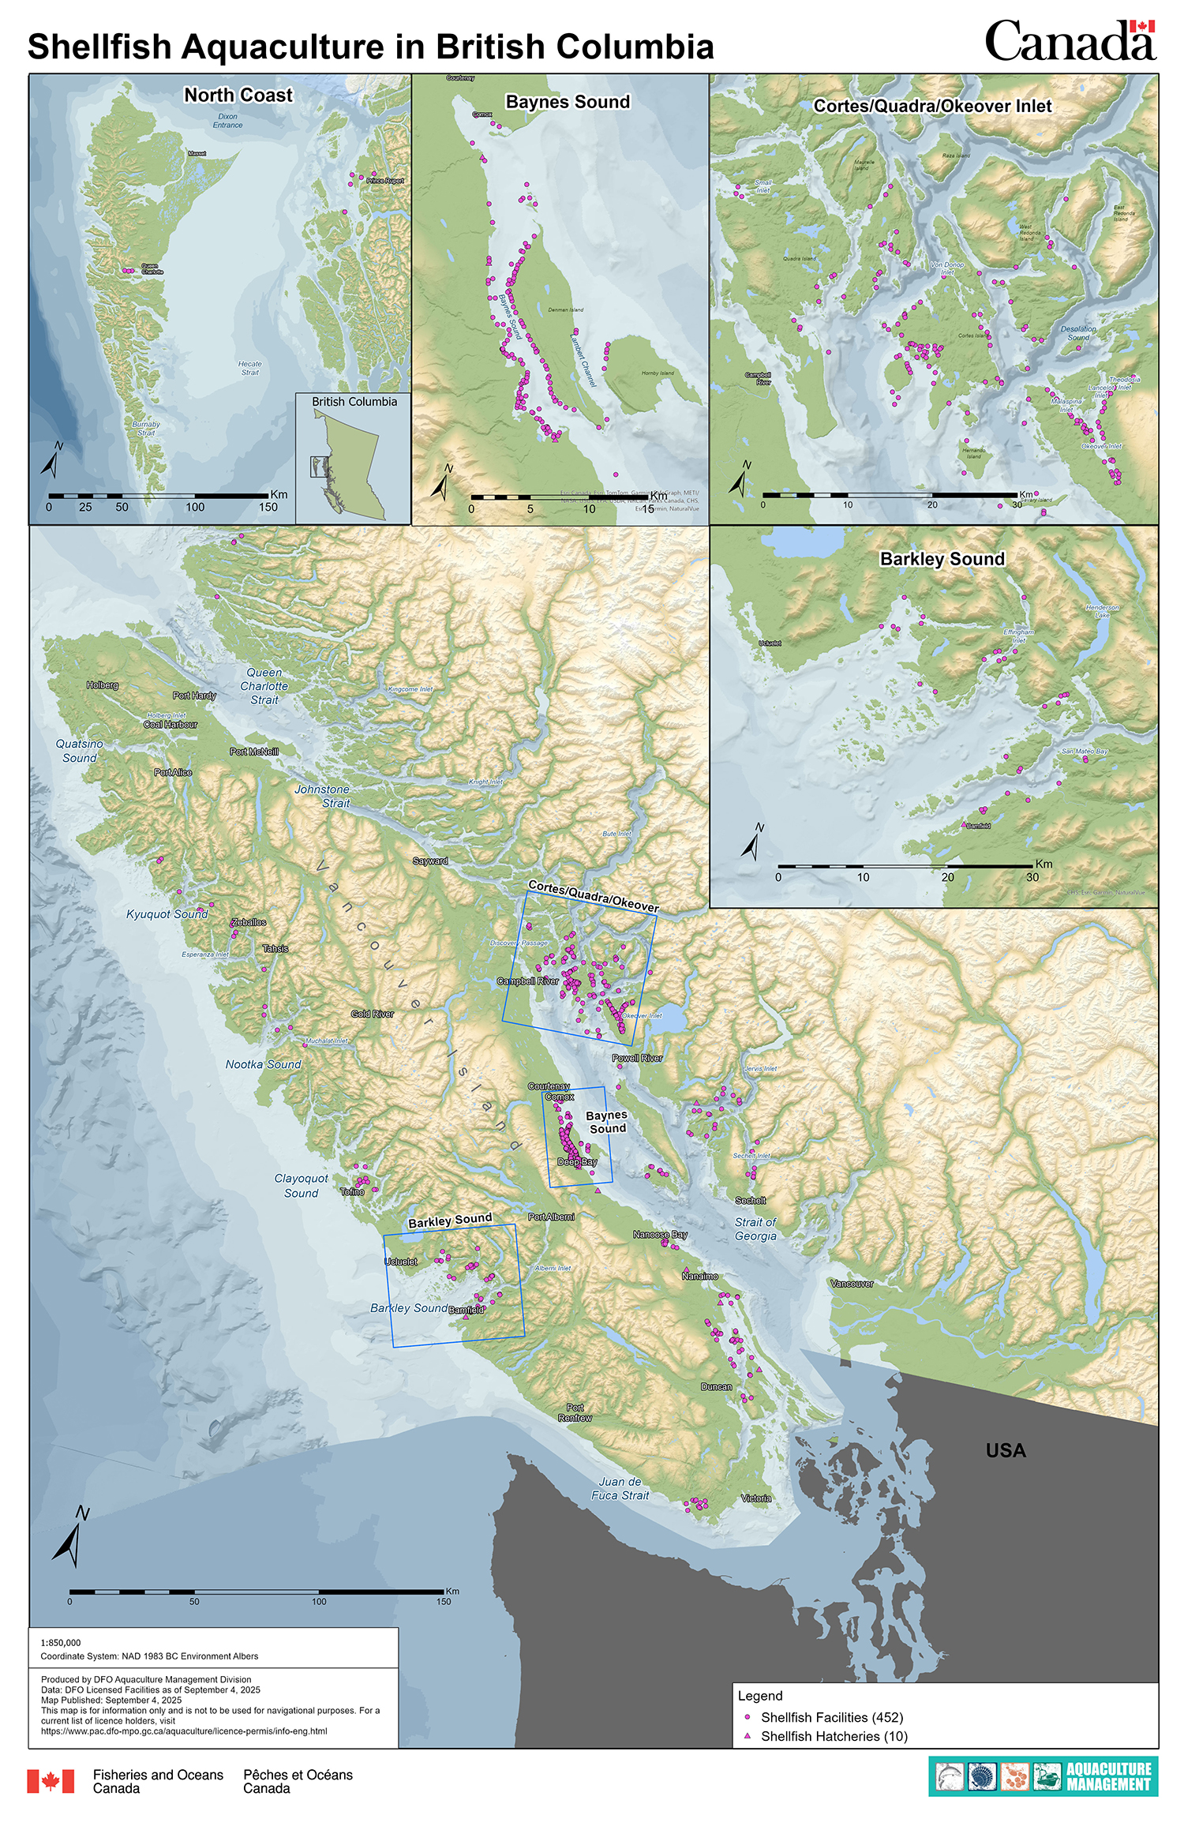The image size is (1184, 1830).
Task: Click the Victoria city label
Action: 755,1498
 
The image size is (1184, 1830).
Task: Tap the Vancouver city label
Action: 852,1284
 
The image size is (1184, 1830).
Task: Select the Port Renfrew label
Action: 575,1412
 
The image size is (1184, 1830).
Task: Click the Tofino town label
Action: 352,1192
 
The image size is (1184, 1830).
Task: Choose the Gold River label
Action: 372,1014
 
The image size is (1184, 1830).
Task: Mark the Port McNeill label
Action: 254,752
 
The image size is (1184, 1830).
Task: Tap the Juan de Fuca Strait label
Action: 620,1488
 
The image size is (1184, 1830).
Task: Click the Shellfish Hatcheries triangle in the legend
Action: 747,1735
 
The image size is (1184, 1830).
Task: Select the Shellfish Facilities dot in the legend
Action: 747,1716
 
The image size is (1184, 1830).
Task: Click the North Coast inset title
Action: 238,96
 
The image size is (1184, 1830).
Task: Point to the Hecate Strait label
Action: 249,368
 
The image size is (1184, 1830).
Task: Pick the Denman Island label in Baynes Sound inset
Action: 565,309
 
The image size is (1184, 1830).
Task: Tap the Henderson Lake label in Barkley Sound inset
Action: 1102,610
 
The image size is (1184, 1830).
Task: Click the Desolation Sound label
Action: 1078,332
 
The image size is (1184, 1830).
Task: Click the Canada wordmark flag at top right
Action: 1141,27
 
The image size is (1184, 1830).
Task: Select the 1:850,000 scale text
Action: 61,1643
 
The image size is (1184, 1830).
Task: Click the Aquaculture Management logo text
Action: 1108,1776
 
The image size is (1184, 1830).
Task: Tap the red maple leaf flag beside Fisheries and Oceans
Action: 51,1781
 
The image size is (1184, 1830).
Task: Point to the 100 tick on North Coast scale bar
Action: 194,507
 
